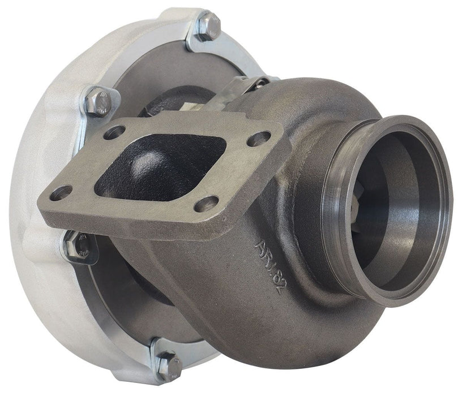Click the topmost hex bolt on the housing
pyautogui.click(x=208, y=26)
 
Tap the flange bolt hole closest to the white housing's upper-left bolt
pyautogui.click(x=114, y=132)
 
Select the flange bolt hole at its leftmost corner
pyautogui.click(x=61, y=193)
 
